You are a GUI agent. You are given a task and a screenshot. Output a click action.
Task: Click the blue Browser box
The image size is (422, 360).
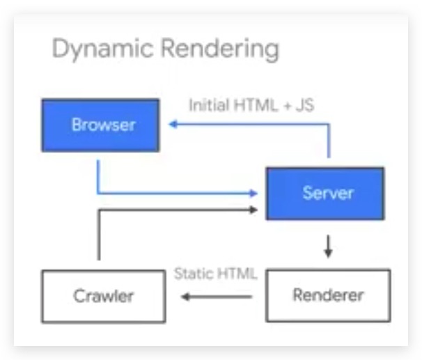click(100, 125)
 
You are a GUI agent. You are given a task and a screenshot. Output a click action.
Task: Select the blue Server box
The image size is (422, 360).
click(325, 193)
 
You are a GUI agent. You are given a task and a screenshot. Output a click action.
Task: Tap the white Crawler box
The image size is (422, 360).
click(103, 296)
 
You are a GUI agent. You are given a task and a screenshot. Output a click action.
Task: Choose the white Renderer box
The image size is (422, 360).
click(328, 295)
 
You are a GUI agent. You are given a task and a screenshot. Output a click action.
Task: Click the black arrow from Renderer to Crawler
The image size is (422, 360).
click(216, 297)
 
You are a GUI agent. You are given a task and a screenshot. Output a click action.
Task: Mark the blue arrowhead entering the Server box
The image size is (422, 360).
click(256, 193)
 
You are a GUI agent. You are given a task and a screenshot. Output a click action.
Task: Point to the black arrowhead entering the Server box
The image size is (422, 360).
click(256, 208)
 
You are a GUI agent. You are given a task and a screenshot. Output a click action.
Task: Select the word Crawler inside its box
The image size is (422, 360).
click(103, 296)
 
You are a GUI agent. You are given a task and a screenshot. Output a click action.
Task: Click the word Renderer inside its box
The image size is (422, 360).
click(328, 295)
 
